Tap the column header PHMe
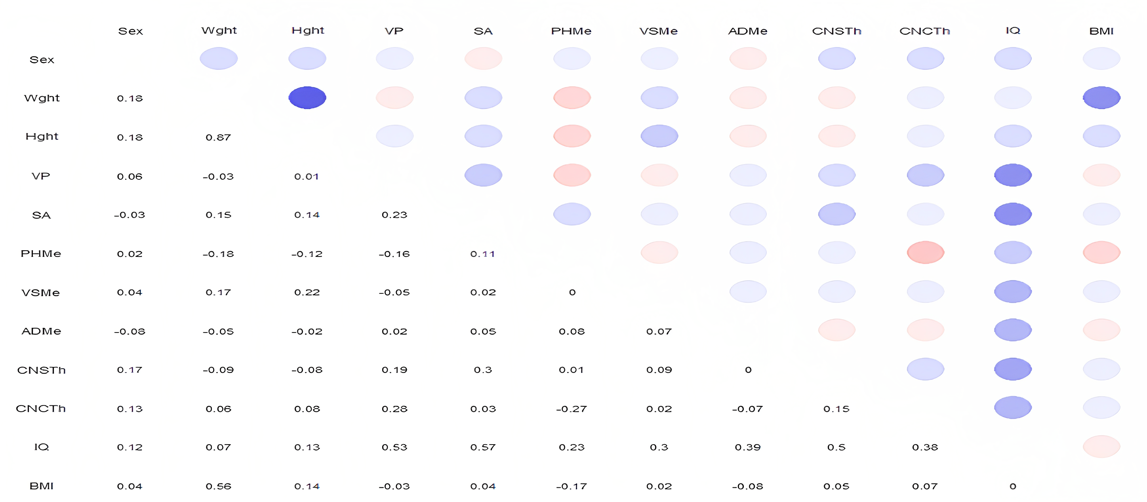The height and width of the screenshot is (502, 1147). click(x=571, y=31)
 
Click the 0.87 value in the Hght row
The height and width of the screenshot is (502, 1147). click(x=218, y=137)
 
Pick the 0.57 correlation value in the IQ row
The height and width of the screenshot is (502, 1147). click(x=483, y=447)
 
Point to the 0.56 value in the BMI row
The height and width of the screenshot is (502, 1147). click(x=218, y=486)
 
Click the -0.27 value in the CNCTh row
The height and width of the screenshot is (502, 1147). click(x=571, y=409)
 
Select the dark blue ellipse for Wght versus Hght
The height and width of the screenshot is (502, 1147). click(x=307, y=97)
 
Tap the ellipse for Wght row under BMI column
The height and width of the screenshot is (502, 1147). click(x=1101, y=97)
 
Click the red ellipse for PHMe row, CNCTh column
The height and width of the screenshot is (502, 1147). click(x=925, y=252)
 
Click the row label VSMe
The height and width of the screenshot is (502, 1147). click(x=40, y=293)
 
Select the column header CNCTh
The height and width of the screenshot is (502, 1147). click(x=924, y=31)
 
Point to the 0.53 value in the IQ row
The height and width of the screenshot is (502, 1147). click(x=394, y=447)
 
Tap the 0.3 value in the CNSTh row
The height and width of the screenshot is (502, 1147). click(x=483, y=370)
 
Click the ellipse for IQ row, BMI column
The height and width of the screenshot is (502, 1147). click(x=1101, y=446)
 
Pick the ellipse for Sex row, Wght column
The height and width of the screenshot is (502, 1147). click(x=219, y=58)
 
